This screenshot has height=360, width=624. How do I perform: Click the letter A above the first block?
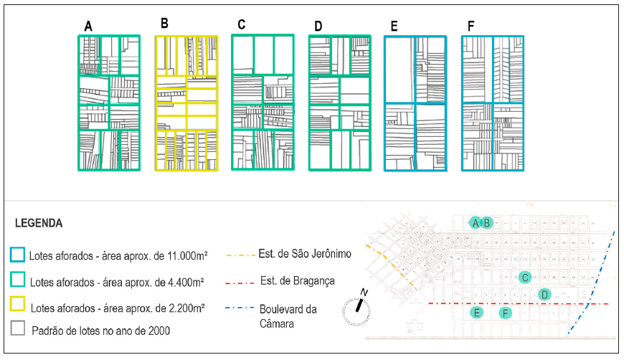click(88, 27)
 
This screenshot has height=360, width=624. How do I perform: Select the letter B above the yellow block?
click(164, 24)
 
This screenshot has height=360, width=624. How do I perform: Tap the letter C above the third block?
click(242, 24)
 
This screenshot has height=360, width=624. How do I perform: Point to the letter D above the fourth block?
click(318, 27)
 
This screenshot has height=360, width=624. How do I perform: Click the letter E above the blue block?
click(394, 27)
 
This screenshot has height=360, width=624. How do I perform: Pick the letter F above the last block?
click(471, 27)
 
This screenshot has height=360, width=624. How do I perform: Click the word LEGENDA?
click(38, 223)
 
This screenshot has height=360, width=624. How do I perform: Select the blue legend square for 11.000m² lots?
click(19, 255)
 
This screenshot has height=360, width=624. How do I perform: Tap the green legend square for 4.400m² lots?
click(19, 281)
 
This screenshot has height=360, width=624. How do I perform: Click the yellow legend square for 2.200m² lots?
click(19, 306)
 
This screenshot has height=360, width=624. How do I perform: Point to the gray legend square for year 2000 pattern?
click(19, 330)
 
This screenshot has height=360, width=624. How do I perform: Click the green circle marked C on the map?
click(525, 278)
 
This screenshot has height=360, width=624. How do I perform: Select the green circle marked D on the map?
click(544, 294)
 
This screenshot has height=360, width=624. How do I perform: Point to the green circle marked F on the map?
click(506, 313)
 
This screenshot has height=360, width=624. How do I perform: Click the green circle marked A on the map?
click(475, 222)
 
